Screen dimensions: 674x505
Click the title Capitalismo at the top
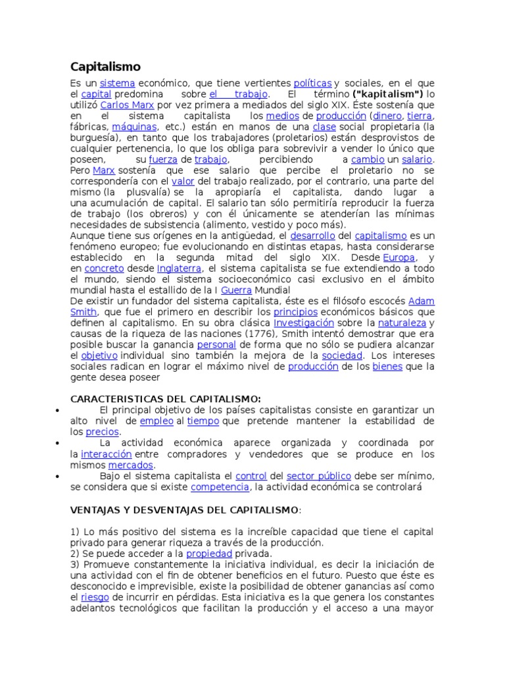coord(105,66)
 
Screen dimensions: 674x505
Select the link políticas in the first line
coord(312,84)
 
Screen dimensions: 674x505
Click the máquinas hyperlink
coord(134,126)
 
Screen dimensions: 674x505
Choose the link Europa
coord(398,257)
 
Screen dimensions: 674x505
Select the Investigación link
coord(304,323)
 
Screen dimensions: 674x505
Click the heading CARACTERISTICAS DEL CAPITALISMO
coord(165,399)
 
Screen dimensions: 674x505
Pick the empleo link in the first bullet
coord(156,421)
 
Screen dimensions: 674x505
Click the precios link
coord(103,432)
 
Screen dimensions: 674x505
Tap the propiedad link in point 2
coord(209,554)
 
